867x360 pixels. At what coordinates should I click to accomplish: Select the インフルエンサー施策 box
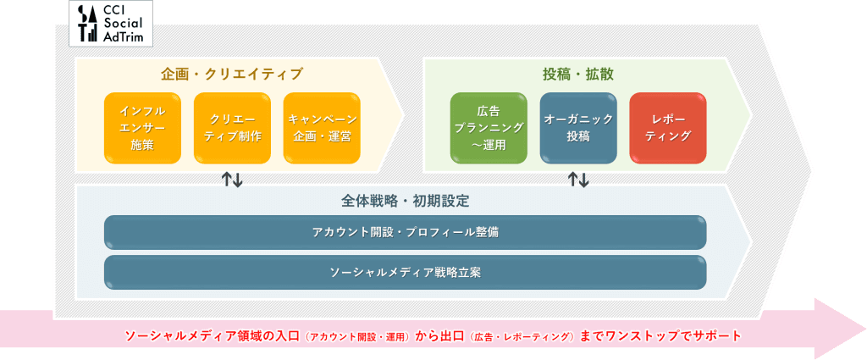pyautogui.click(x=142, y=127)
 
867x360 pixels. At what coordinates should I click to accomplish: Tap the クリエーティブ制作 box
pyautogui.click(x=232, y=127)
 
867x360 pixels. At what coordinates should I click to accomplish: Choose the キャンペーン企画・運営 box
pyautogui.click(x=322, y=127)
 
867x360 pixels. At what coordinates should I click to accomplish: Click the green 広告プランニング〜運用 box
pyautogui.click(x=489, y=127)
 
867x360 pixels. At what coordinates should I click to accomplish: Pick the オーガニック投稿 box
pyautogui.click(x=578, y=127)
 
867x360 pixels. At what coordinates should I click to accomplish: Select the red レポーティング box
pyautogui.click(x=668, y=127)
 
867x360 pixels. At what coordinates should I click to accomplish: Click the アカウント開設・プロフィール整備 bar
pyautogui.click(x=405, y=232)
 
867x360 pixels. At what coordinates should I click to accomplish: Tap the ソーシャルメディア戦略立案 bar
pyautogui.click(x=405, y=272)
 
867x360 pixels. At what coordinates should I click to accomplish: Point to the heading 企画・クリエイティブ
pyautogui.click(x=231, y=75)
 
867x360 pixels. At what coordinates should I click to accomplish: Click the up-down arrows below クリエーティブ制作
pyautogui.click(x=232, y=179)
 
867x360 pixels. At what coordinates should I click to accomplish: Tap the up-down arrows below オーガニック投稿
pyautogui.click(x=578, y=179)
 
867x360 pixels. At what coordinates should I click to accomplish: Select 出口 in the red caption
pyautogui.click(x=452, y=336)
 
